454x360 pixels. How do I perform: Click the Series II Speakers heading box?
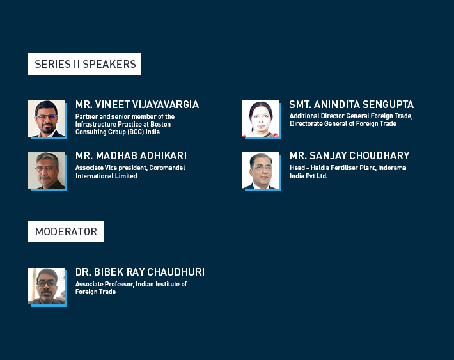pos(84,64)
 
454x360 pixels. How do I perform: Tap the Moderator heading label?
pos(66,231)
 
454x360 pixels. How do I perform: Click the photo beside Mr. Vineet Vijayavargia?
pos(46,118)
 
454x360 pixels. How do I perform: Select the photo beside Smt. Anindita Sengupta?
pos(261,118)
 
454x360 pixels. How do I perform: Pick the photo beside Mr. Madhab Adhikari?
pos(46,170)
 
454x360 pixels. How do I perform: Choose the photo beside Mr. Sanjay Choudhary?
pos(261,170)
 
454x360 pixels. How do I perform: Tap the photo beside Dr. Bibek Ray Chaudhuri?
pos(46,286)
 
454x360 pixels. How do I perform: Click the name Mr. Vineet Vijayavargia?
pos(137,105)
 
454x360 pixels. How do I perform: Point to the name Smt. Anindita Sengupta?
pos(352,105)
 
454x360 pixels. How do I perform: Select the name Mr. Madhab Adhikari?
pos(131,156)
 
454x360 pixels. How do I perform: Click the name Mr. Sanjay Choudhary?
pos(350,156)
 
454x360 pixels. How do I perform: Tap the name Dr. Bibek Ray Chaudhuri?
pos(140,272)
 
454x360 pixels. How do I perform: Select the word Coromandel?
pos(167,168)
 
